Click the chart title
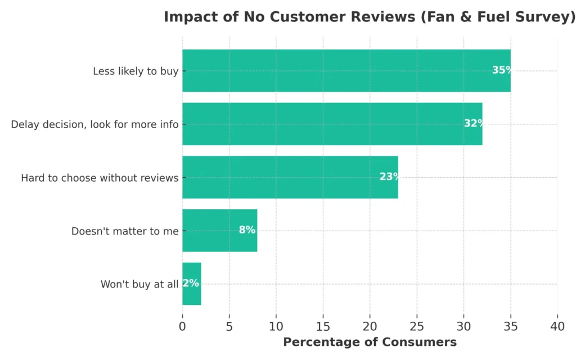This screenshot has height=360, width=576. (370, 17)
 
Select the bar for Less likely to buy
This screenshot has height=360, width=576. (346, 71)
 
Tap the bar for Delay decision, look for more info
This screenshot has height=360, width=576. (332, 124)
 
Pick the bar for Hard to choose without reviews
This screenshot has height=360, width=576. (290, 177)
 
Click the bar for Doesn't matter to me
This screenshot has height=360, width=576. (219, 231)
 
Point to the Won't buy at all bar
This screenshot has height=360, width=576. (192, 283)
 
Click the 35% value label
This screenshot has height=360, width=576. (502, 70)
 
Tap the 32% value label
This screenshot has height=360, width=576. (474, 124)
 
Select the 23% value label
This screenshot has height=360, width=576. (389, 177)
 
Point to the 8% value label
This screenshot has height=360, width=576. (247, 230)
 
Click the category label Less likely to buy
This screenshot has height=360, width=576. (136, 71)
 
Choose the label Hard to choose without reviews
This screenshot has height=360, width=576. (100, 178)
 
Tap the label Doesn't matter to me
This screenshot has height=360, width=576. (125, 231)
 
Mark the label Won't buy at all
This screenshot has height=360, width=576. (139, 284)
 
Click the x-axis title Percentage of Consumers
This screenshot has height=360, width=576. (370, 342)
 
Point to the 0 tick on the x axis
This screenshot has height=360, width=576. (182, 326)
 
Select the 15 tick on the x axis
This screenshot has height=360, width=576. (323, 326)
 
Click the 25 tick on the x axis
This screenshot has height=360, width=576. (417, 326)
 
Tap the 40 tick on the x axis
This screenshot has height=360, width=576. (557, 326)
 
